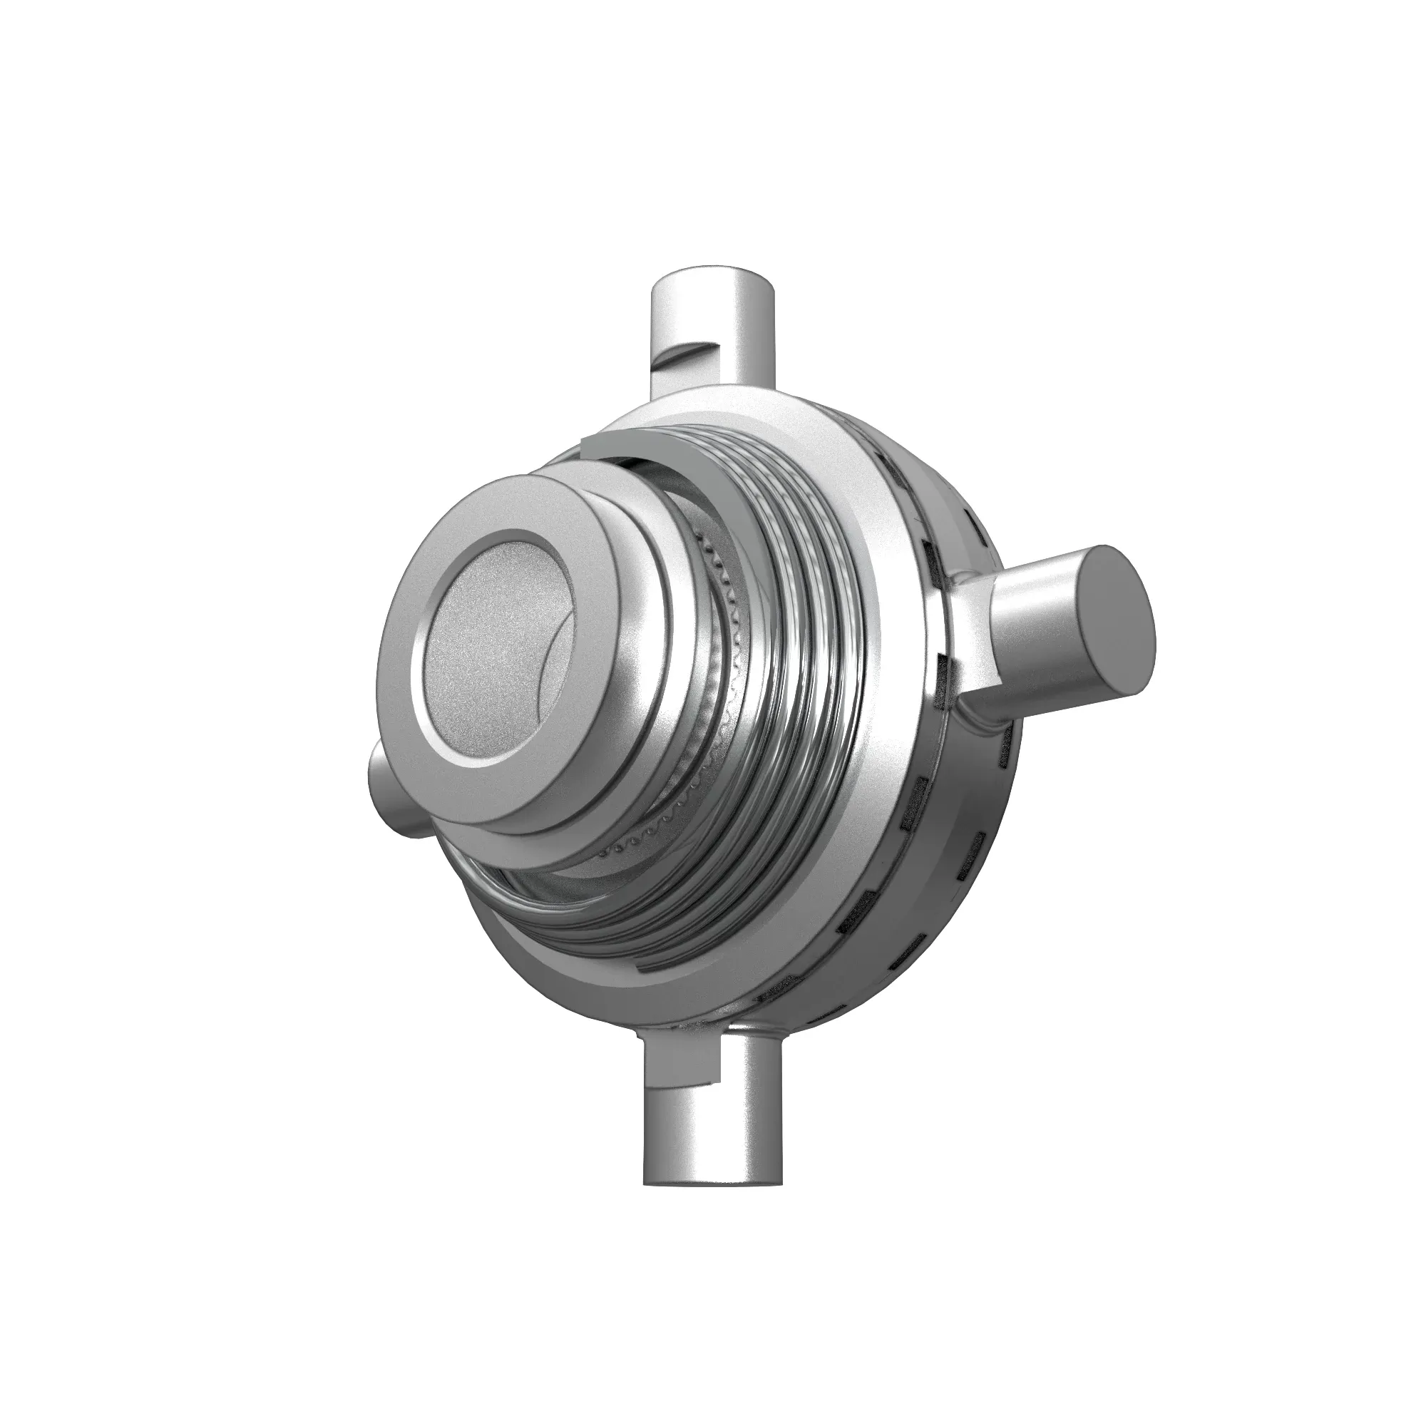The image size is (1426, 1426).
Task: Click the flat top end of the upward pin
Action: pos(713,275)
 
